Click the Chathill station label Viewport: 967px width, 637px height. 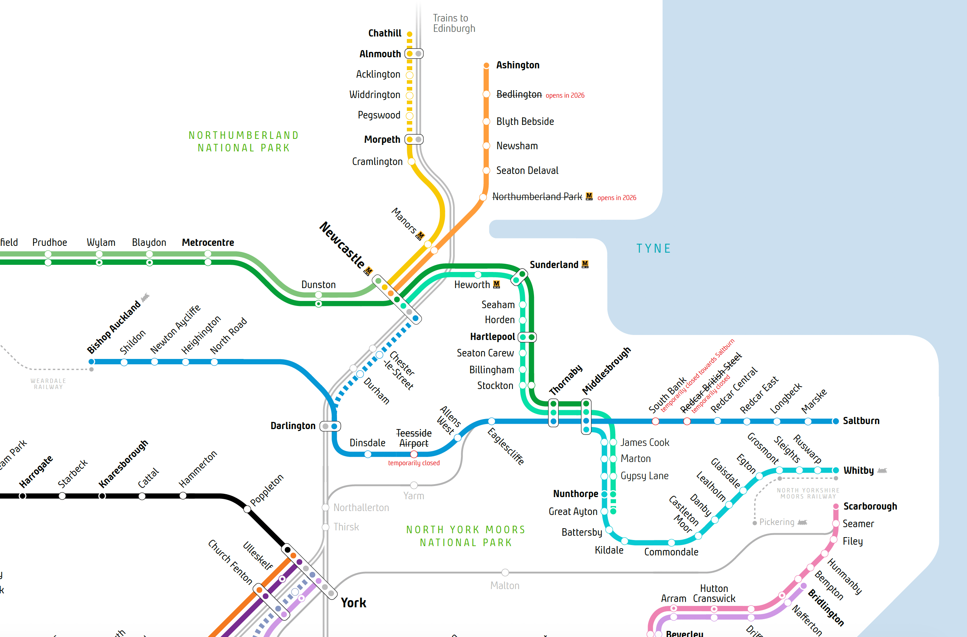384,33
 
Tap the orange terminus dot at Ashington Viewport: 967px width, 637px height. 486,65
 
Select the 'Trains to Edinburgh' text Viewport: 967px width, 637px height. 454,23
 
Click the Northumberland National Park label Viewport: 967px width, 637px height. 244,141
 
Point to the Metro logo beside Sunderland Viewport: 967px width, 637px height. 585,264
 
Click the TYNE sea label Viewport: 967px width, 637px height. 653,248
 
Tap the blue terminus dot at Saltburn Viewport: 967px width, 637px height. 836,421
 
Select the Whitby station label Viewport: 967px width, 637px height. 858,471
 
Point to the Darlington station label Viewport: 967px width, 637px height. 293,426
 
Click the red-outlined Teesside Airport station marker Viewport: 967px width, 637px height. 414,454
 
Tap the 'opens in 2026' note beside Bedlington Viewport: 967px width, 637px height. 565,96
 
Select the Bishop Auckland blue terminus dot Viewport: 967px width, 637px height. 92,361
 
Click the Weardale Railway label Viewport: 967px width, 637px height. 48,384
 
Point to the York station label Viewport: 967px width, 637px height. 353,603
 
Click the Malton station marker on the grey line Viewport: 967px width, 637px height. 505,573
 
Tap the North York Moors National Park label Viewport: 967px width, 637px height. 466,536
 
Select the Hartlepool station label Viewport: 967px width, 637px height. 492,337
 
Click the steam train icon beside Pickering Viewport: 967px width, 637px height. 802,522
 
